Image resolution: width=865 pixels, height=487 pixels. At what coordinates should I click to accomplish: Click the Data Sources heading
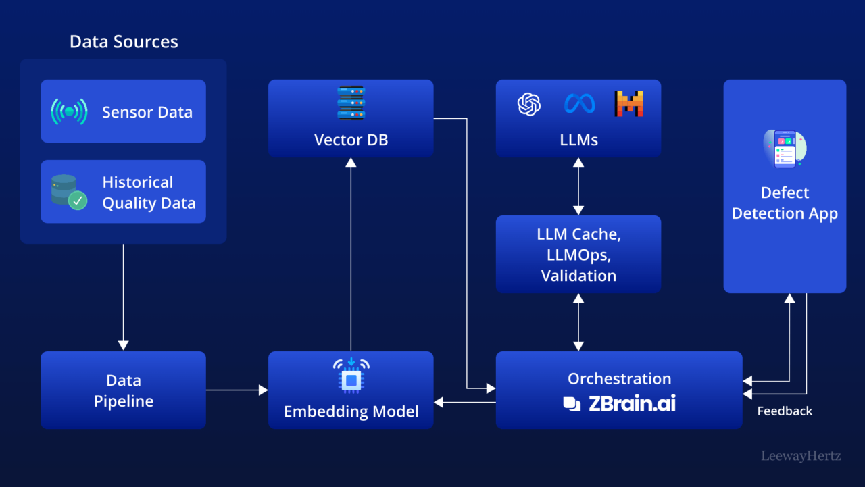pyautogui.click(x=124, y=42)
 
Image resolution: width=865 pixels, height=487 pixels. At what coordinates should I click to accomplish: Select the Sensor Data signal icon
pyautogui.click(x=69, y=111)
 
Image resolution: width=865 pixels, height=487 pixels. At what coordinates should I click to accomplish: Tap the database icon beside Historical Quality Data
pyautogui.click(x=68, y=192)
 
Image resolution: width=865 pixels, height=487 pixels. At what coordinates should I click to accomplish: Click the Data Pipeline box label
pyautogui.click(x=124, y=390)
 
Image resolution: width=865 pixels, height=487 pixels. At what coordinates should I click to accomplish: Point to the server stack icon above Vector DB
pyautogui.click(x=351, y=103)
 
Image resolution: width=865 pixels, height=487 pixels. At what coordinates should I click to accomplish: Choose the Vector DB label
pyautogui.click(x=351, y=140)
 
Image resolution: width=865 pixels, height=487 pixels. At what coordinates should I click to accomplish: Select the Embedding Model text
pyautogui.click(x=351, y=411)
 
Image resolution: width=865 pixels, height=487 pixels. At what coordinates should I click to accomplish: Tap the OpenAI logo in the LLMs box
pyautogui.click(x=529, y=104)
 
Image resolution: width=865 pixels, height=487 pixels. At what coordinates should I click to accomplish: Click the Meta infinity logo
pyautogui.click(x=579, y=103)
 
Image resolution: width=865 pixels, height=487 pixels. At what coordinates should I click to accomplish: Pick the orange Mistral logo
pyautogui.click(x=628, y=103)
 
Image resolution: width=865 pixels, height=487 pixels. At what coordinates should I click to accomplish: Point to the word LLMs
pyautogui.click(x=578, y=140)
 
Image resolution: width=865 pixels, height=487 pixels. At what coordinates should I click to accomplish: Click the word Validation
pyautogui.click(x=578, y=276)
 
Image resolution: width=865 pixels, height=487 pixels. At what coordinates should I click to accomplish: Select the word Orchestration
pyautogui.click(x=619, y=378)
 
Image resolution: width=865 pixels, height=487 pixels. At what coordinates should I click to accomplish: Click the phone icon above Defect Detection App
pyautogui.click(x=785, y=149)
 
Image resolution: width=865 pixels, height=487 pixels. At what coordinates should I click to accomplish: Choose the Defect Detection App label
pyautogui.click(x=785, y=203)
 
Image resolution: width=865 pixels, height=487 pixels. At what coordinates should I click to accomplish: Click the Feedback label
pyautogui.click(x=785, y=411)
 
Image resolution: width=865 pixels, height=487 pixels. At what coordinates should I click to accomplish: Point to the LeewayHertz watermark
pyautogui.click(x=801, y=456)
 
